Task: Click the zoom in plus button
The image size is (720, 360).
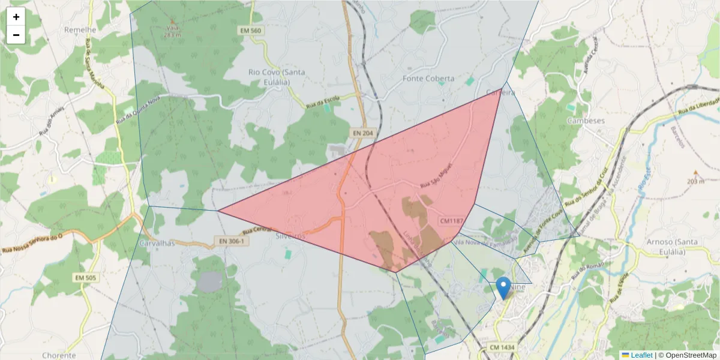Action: pos(16,17)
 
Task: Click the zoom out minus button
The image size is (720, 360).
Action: pos(16,35)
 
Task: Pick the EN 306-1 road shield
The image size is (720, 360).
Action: pos(231,241)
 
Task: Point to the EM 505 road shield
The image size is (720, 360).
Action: pos(86,278)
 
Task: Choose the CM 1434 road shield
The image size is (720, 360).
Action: pos(502,347)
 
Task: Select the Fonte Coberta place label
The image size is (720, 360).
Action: pos(428,79)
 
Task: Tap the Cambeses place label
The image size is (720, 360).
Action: pos(586,120)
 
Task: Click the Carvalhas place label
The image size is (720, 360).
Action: pos(157,244)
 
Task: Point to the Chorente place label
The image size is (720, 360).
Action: pos(59,355)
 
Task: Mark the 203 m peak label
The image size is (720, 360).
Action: pos(695,181)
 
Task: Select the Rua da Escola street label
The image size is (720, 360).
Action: pos(323,102)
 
